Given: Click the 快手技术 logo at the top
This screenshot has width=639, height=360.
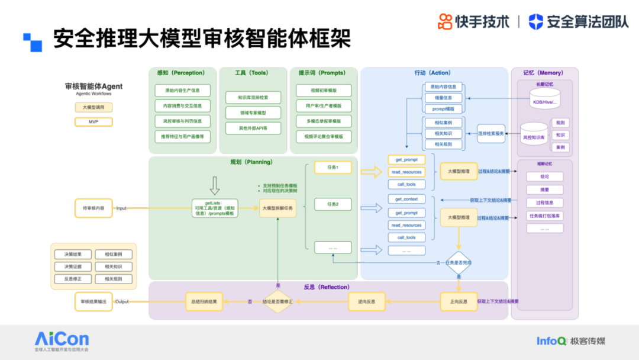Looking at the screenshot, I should (473, 21).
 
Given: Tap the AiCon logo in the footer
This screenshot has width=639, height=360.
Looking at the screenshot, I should (62, 340).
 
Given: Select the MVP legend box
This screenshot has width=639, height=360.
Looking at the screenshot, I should (93, 122).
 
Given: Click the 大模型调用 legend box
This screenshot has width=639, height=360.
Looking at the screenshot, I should (93, 108).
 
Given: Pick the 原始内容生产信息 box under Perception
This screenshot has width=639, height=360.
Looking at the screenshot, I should (182, 91).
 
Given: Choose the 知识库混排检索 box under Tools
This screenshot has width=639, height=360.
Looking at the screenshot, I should (253, 97).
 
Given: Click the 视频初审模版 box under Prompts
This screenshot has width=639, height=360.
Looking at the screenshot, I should (324, 91).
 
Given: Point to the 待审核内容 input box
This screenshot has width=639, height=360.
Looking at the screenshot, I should (93, 208).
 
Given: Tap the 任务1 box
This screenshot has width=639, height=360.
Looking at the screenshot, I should (333, 168).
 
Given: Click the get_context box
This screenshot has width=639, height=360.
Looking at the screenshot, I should (406, 199).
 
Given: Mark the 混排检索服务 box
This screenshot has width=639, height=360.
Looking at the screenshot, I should (491, 133).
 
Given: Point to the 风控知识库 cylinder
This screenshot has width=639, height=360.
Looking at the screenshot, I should (534, 136).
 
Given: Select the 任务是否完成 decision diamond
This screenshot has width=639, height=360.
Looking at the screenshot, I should (459, 263).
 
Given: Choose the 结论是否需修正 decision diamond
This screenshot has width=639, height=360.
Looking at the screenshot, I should (278, 301).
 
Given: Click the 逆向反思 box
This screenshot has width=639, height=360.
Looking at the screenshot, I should (367, 301).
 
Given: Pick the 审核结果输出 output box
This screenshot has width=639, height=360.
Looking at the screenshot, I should (93, 301).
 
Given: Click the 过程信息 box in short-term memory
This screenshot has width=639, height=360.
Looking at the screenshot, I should (544, 203).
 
